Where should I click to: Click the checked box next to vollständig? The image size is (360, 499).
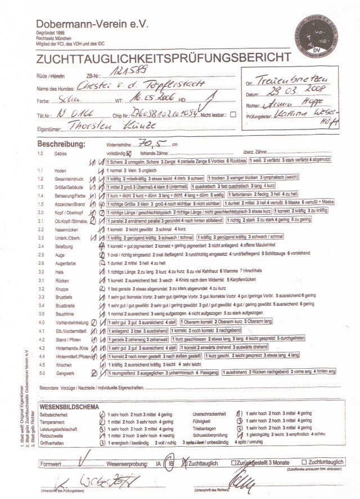click(x=129, y=153)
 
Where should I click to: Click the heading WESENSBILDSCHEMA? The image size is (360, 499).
click(x=70, y=406)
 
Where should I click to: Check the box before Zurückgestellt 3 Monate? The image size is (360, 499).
click(x=233, y=462)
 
